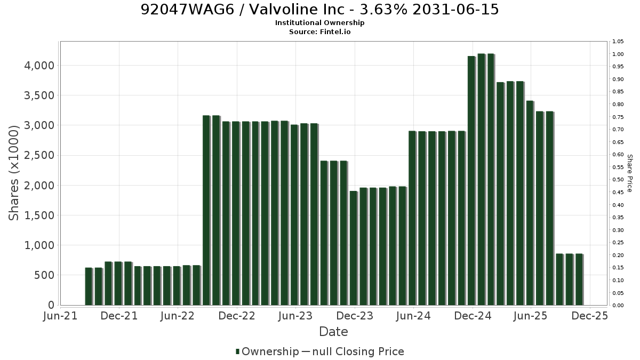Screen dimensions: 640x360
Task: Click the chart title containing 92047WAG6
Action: [x=319, y=10]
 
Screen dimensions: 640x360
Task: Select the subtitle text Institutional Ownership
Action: [x=319, y=23]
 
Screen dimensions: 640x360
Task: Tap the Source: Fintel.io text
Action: [x=319, y=31]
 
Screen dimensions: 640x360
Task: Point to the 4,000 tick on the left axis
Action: [x=39, y=66]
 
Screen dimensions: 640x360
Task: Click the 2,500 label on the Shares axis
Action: [x=39, y=155]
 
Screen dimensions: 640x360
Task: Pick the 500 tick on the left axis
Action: [x=44, y=275]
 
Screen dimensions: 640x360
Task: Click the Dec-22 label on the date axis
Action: [x=237, y=316]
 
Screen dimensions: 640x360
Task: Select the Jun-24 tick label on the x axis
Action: [x=413, y=316]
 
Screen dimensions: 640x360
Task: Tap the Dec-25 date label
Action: [x=590, y=316]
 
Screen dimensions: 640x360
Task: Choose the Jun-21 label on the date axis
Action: [x=60, y=316]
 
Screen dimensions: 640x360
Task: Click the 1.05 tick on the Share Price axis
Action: [x=618, y=42]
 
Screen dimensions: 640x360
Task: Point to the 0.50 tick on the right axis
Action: [x=618, y=180]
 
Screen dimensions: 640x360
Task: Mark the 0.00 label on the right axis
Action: [x=618, y=306]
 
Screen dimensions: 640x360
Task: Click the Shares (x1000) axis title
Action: [x=13, y=173]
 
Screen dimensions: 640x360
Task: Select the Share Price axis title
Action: [x=630, y=173]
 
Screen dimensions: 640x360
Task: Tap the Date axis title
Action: [x=333, y=332]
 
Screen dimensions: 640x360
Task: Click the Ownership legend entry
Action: [x=267, y=351]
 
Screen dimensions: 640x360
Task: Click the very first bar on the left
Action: [x=89, y=286]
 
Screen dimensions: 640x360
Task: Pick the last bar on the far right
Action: [x=579, y=279]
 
